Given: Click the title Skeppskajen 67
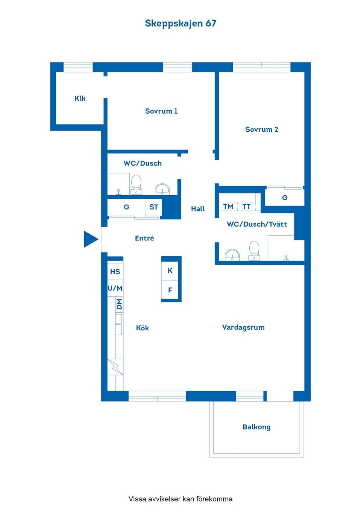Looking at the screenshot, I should (180, 23).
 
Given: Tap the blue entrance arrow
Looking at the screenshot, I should (91, 239).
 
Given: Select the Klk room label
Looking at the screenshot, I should (80, 99).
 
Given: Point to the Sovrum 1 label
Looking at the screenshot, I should (161, 111).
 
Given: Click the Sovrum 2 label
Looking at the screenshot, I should (261, 129).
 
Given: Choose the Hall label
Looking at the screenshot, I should (198, 209).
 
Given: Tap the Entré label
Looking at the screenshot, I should (144, 238).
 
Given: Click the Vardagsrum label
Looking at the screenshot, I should (243, 327).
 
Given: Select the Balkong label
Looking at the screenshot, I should (256, 427).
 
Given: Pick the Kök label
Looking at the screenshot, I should (143, 328).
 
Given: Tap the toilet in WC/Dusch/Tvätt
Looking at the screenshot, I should (254, 251).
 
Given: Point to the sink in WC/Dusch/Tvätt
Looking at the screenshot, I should (232, 255).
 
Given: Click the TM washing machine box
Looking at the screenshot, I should (228, 206).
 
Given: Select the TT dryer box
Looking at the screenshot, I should (246, 206).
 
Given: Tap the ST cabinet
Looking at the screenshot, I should (153, 207).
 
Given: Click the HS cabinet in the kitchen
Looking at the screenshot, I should (115, 271).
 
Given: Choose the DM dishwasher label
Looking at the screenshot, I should (119, 304).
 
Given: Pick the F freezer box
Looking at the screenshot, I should (170, 290).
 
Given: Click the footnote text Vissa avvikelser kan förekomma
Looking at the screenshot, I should (180, 499).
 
